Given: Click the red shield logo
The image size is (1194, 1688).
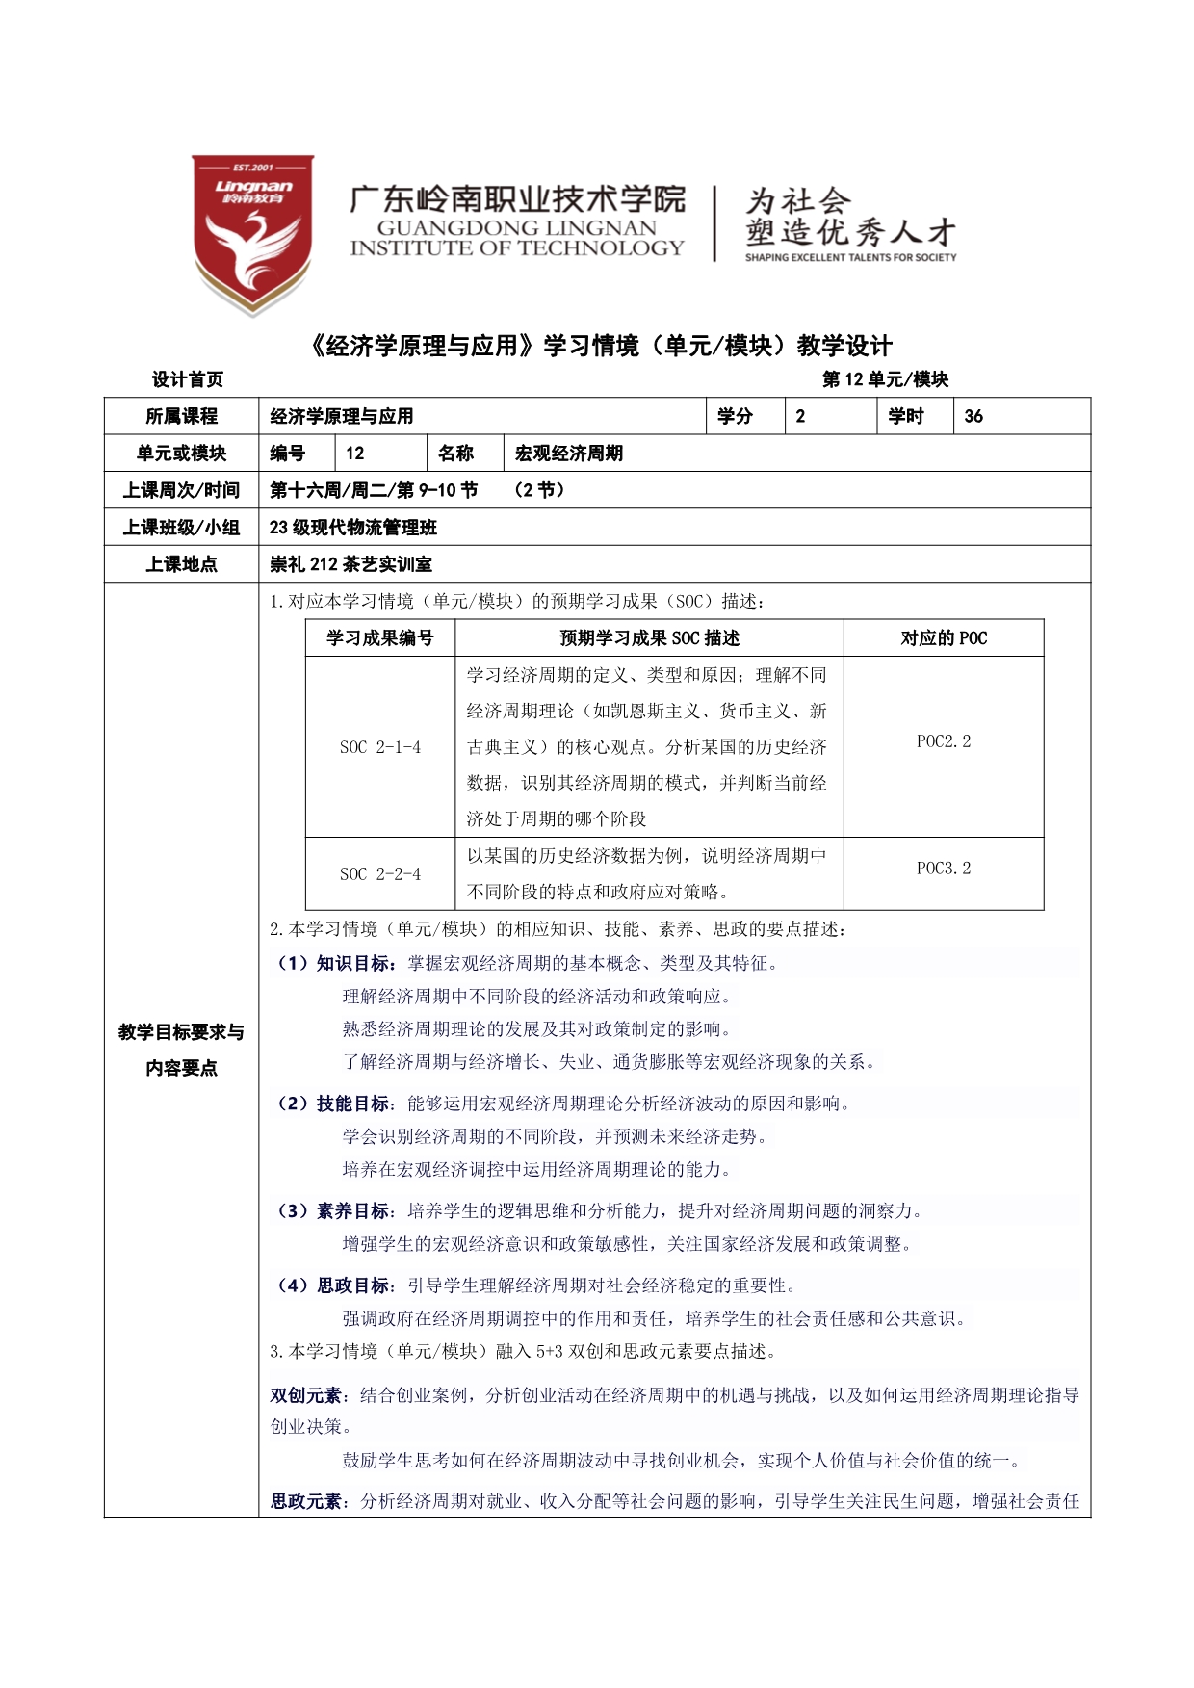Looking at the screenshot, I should click(252, 233).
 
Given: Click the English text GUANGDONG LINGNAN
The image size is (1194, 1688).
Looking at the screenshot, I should click(516, 228).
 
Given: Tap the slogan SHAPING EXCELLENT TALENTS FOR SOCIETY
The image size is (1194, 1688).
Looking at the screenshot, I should click(850, 257).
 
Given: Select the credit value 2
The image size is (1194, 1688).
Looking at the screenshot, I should click(800, 416).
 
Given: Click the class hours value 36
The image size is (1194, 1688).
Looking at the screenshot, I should click(973, 416).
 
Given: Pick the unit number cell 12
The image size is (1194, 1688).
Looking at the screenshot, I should click(355, 454).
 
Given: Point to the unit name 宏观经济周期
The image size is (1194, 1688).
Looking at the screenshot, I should click(569, 454).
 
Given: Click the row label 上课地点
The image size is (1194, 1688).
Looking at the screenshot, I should click(181, 564).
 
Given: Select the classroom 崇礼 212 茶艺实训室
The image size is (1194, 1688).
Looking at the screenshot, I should click(351, 564).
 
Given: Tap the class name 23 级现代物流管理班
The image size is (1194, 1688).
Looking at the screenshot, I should click(353, 528).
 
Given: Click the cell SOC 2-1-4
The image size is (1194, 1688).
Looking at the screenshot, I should click(380, 747).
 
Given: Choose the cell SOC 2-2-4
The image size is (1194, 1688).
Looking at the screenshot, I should click(380, 874).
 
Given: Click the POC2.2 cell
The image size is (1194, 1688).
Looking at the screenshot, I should click(944, 741).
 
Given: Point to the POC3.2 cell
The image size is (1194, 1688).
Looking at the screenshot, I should click(944, 869).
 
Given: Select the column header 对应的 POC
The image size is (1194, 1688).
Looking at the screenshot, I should click(944, 638).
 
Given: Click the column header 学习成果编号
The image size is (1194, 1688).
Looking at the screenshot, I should click(380, 638).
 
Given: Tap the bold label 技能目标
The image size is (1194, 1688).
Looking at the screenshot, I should click(353, 1104).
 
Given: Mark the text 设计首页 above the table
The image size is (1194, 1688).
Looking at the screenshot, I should click(188, 379).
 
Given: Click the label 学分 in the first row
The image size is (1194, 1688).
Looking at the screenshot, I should click(735, 416).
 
